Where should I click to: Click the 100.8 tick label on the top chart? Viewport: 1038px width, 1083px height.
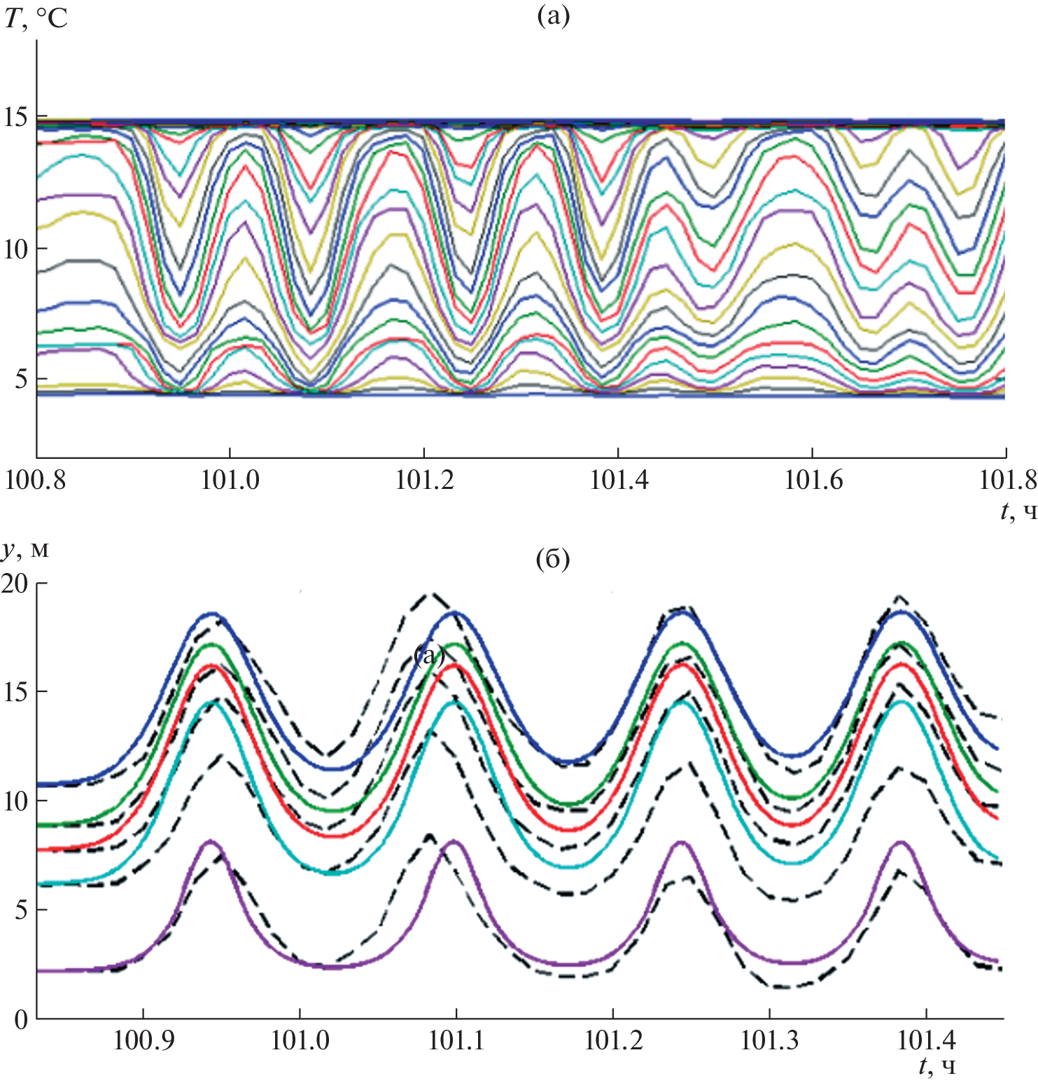36,480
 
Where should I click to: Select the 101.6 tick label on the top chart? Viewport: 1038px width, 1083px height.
813,480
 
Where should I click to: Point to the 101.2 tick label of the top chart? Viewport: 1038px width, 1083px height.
424,480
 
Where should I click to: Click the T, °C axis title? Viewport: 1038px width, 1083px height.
36,18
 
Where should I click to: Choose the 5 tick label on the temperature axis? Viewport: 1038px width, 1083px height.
21,379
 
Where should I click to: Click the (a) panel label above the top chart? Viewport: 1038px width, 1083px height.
553,15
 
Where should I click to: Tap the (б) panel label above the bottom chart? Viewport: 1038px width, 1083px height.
552,559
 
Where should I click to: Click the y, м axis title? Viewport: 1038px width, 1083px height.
25,550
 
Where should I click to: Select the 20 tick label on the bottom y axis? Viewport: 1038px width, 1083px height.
15,583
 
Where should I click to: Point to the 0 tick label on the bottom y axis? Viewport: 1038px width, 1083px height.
21,1020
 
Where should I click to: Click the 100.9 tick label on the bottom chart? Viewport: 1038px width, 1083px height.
143,1040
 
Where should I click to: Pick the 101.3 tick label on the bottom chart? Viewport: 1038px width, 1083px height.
770,1040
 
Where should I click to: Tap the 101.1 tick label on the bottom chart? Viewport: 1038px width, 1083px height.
456,1040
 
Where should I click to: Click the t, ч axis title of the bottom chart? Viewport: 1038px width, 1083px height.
937,1066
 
